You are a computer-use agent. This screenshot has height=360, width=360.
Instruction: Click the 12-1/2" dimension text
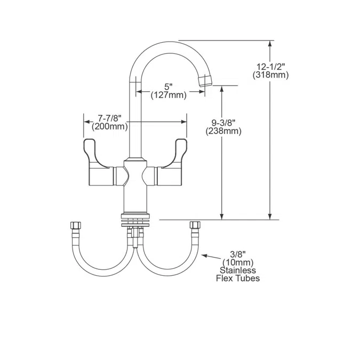(270, 67)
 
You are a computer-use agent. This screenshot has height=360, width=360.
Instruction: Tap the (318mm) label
(270, 75)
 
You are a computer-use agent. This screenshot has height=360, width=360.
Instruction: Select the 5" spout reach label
(169, 87)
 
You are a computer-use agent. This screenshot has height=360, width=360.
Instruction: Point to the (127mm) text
(169, 95)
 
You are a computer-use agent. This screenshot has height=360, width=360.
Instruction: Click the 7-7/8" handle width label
(109, 118)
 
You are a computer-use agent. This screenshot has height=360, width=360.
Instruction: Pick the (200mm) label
(109, 126)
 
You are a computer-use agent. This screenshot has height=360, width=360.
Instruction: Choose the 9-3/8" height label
(223, 123)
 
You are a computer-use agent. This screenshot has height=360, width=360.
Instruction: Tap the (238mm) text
(223, 131)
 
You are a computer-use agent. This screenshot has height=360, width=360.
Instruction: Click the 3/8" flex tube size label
(238, 254)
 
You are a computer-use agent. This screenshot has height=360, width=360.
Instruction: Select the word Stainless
(238, 270)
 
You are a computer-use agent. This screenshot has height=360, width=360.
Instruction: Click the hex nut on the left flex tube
(75, 225)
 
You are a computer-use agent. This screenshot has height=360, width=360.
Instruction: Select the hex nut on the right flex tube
(195, 225)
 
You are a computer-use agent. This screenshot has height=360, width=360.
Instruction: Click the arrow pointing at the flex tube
(212, 257)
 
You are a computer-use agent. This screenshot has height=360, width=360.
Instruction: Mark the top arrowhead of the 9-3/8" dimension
(221, 89)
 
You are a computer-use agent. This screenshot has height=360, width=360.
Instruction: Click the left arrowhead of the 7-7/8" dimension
(87, 122)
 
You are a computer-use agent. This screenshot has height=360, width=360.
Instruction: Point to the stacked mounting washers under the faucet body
(135, 220)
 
